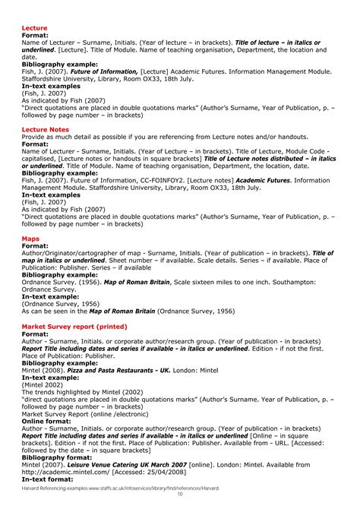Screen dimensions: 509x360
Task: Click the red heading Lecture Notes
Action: click(45, 130)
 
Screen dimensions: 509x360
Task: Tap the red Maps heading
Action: click(30, 239)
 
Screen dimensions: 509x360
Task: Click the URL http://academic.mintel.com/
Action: click(67, 475)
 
